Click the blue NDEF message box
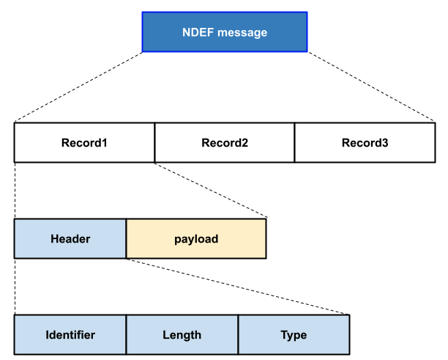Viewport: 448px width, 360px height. (x=224, y=32)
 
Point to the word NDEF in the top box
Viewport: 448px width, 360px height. (x=196, y=32)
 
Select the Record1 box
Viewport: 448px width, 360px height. (x=84, y=142)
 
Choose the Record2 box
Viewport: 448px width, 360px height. (x=225, y=142)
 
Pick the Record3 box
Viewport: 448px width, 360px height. (x=365, y=142)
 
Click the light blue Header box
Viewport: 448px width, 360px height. (x=70, y=239)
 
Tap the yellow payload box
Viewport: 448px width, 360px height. (x=196, y=239)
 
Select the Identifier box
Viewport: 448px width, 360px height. (x=70, y=335)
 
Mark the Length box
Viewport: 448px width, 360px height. (x=182, y=335)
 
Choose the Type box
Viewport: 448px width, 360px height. (x=294, y=335)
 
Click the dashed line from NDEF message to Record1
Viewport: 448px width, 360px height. (x=78, y=87)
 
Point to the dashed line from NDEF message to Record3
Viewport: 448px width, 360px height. (x=371, y=87)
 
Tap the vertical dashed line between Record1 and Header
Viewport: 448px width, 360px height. (x=15, y=190)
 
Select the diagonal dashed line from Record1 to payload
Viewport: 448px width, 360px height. (x=212, y=190)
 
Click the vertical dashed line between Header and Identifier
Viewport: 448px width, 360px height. (x=15, y=287)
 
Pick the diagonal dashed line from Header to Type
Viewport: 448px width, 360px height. (x=238, y=287)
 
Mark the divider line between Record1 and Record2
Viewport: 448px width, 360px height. (x=154, y=142)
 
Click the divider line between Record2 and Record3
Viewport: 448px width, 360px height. (x=294, y=142)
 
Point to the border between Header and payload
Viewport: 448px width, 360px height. (x=126, y=239)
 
